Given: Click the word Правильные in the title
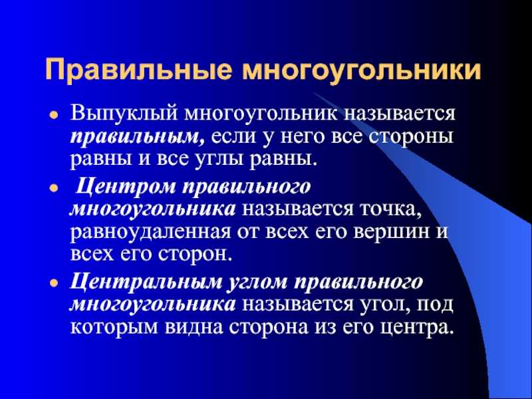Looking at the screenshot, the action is click(139, 70).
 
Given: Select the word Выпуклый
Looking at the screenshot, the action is click(124, 114).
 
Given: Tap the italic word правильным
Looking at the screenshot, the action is click(138, 138).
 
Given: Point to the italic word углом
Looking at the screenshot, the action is click(257, 283).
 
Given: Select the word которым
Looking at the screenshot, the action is click(114, 328).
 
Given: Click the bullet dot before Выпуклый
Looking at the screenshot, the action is click(53, 115).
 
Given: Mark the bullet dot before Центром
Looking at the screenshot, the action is click(53, 188).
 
